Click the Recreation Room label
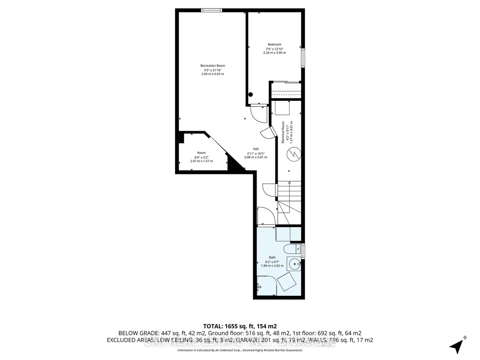coord(212,66)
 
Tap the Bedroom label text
coord(274,45)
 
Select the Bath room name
coord(272,257)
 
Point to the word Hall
coord(256,149)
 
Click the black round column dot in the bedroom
coord(251,95)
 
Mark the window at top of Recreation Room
coord(212,10)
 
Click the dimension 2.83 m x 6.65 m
coord(212,74)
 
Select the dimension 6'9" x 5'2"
coord(201,157)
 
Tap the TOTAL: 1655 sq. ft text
coord(240,326)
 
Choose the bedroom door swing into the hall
coord(258,114)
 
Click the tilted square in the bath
coord(287,282)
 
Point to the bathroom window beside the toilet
coord(303,251)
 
